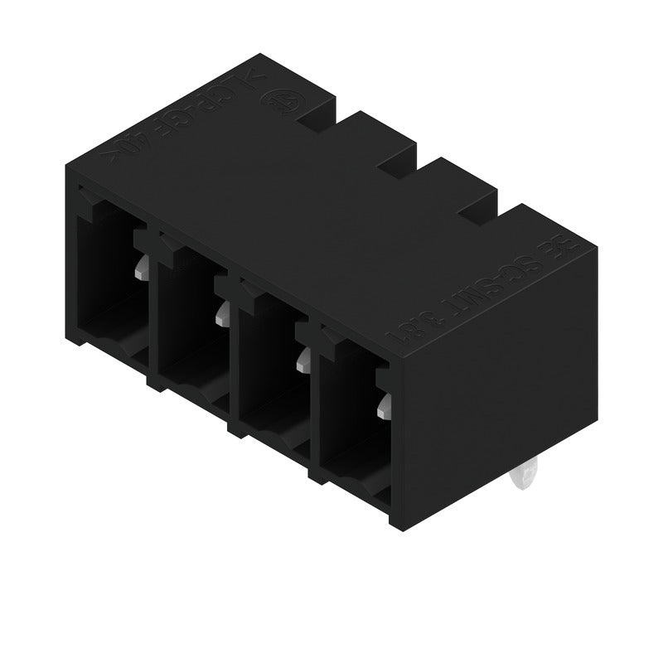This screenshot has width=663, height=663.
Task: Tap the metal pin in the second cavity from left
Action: point(221,313)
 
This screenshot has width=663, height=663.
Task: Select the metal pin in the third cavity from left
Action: point(302,359)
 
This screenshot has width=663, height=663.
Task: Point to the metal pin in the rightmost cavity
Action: point(383,406)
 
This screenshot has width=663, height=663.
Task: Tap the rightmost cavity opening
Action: point(348,419)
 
